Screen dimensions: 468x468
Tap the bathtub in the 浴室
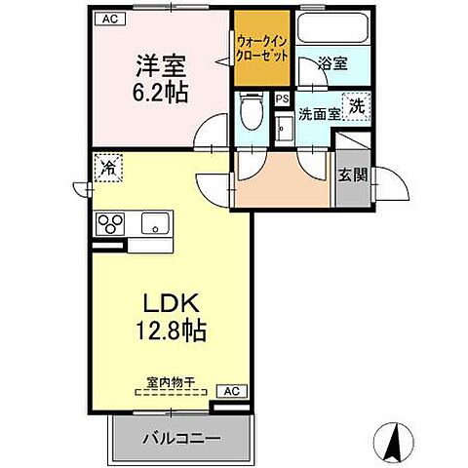tap(331, 30)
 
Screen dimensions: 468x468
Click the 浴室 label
tap(332, 64)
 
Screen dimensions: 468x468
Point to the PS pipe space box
tap(282, 98)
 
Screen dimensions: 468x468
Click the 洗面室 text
tap(319, 114)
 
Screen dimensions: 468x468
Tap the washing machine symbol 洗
tap(358, 106)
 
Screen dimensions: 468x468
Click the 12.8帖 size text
tap(168, 331)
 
